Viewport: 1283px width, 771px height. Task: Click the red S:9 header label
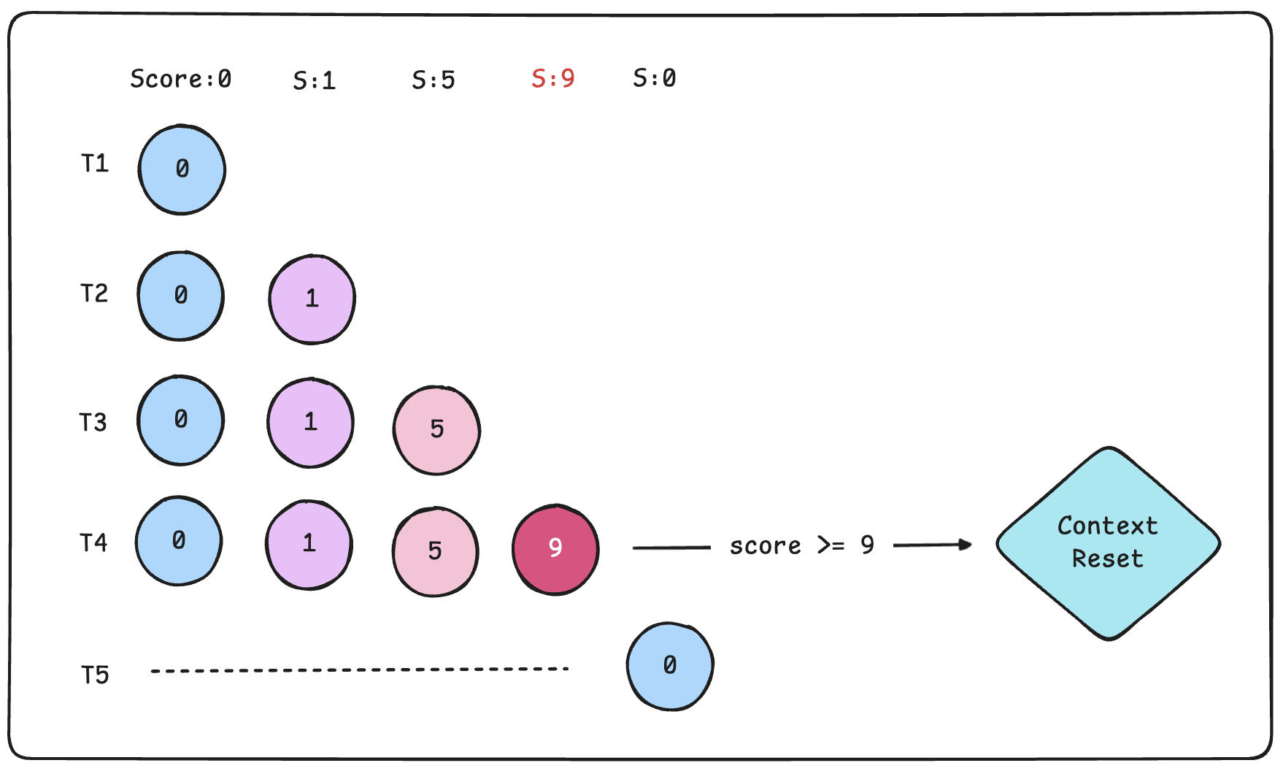pyautogui.click(x=552, y=78)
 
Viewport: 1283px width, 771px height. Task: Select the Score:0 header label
pyautogui.click(x=180, y=78)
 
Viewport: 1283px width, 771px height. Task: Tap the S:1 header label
pyautogui.click(x=314, y=80)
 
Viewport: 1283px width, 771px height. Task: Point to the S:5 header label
pyautogui.click(x=433, y=80)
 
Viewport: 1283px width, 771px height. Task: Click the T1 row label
pyautogui.click(x=95, y=163)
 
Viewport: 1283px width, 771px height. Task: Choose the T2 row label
pyautogui.click(x=94, y=294)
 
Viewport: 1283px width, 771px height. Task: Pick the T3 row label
pyautogui.click(x=93, y=422)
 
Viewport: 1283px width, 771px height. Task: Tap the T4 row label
pyautogui.click(x=93, y=542)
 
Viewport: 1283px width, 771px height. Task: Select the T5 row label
pyautogui.click(x=95, y=675)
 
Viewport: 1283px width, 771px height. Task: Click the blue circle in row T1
pyautogui.click(x=182, y=169)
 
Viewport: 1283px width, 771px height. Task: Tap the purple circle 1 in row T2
pyautogui.click(x=312, y=299)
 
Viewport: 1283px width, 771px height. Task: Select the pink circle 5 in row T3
pyautogui.click(x=436, y=429)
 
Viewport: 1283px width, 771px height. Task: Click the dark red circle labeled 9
pyautogui.click(x=555, y=548)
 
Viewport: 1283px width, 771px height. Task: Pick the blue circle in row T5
pyautogui.click(x=669, y=666)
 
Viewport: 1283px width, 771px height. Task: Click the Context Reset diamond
pyautogui.click(x=1108, y=542)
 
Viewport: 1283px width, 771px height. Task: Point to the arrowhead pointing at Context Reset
pyautogui.click(x=966, y=545)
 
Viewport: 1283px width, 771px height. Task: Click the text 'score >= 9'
pyautogui.click(x=801, y=545)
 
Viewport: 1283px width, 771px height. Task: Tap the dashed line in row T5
pyautogui.click(x=359, y=670)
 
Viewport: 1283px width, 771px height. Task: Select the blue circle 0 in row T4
pyautogui.click(x=179, y=541)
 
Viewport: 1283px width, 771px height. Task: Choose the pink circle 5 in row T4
pyautogui.click(x=435, y=551)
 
